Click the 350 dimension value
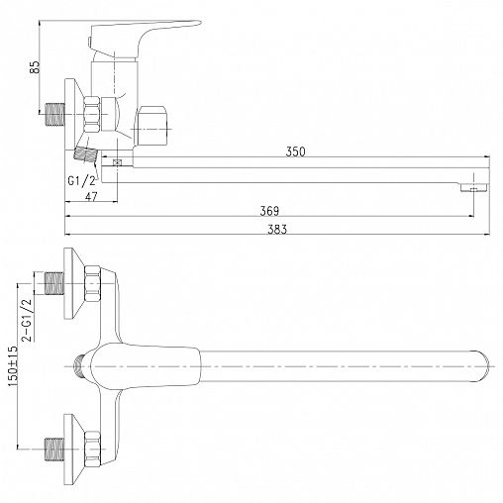point(295,151)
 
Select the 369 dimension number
point(269,211)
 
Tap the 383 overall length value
point(277,229)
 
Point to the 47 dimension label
point(91,196)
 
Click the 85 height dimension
point(35,67)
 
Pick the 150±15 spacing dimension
point(13,366)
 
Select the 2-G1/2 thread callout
point(27,320)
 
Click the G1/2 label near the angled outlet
point(81,180)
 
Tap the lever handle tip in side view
point(199,23)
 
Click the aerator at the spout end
point(473,187)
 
